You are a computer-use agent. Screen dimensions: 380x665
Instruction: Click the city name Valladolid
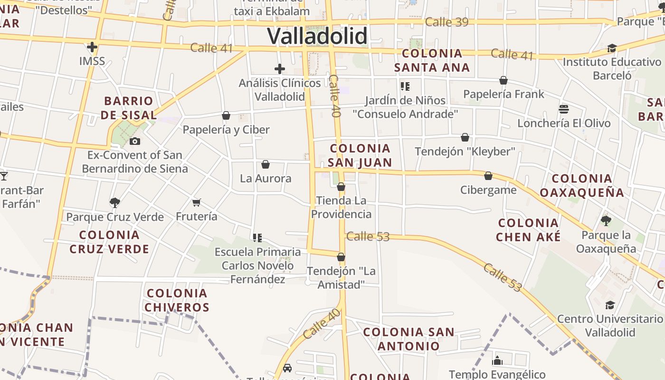(317, 36)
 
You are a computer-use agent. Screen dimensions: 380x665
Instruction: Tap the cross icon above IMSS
(92, 47)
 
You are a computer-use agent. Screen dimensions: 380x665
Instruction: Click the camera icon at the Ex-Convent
(135, 141)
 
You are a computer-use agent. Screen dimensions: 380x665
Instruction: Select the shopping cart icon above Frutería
(197, 203)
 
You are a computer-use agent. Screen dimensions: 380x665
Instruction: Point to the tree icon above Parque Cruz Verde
(114, 203)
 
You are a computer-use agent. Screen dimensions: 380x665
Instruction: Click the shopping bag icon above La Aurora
(266, 164)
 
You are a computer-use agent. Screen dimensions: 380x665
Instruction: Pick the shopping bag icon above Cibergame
(488, 176)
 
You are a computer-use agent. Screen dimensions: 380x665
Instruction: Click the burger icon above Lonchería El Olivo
(564, 109)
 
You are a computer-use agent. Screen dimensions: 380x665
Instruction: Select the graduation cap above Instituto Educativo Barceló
(612, 48)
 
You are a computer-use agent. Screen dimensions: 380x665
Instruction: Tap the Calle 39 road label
(446, 22)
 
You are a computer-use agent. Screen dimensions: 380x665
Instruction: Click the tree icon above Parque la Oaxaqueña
(606, 220)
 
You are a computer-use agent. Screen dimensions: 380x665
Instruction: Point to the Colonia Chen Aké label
(528, 229)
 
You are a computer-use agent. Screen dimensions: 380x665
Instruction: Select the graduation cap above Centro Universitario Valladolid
(610, 305)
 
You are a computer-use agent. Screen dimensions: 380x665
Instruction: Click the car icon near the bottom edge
(287, 368)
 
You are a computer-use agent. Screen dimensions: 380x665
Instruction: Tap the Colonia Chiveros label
(177, 300)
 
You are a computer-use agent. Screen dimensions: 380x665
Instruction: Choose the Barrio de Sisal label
(128, 108)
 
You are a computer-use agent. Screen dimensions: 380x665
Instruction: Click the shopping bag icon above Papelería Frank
(503, 80)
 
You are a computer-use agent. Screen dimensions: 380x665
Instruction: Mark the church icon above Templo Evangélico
(497, 361)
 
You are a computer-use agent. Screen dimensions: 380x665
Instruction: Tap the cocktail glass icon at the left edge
(4, 176)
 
